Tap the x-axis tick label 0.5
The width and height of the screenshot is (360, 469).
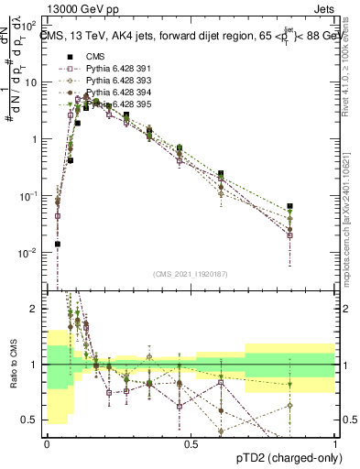coord(191,443)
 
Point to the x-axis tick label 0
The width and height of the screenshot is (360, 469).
coord(47,443)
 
